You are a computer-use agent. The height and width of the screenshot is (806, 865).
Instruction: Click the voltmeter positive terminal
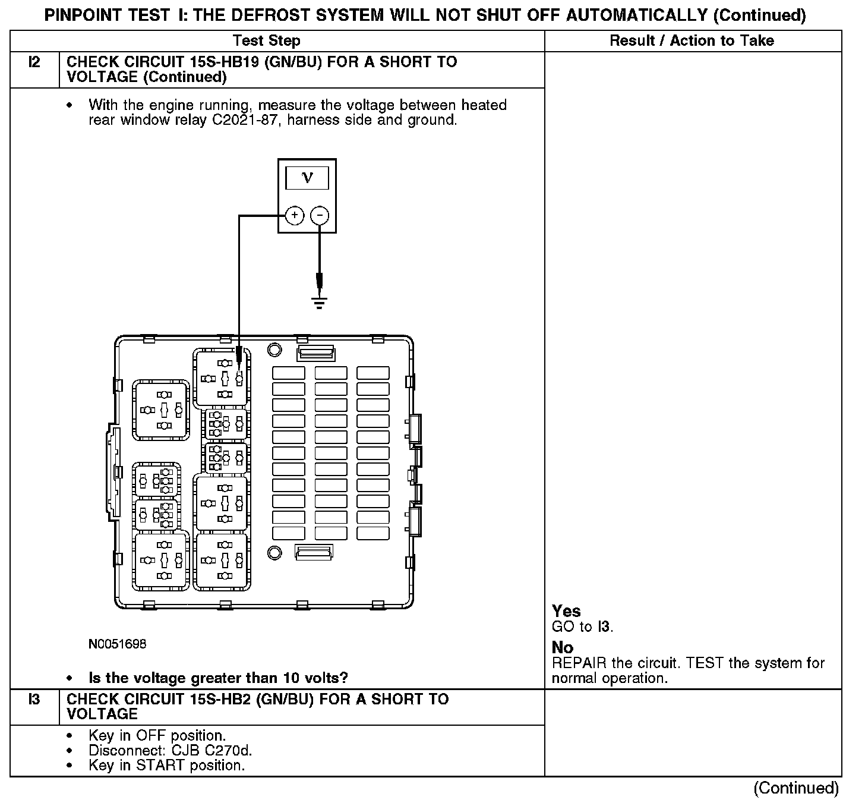pos(295,215)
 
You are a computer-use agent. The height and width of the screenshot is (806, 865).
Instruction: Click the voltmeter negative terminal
pos(320,215)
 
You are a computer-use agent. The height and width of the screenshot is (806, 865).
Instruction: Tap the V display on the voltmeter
pos(307,178)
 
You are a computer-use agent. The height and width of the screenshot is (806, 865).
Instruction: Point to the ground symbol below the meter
pos(320,304)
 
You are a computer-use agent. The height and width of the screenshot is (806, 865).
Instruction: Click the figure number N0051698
pos(117,644)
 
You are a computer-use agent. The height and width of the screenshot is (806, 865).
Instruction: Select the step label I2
pos(34,62)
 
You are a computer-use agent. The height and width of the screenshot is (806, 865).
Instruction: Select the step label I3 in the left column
pos(34,700)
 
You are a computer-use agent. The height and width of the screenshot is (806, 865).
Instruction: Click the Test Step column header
pos(266,41)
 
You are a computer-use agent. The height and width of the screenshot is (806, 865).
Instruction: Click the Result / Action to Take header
pos(692,41)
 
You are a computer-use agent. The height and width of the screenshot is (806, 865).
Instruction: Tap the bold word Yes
pos(566,611)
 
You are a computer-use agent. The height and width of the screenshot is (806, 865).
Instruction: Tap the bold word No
pos(563,647)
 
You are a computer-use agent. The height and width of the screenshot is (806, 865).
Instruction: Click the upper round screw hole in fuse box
pos(274,350)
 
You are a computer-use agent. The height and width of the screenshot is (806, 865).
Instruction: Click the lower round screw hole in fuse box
pos(274,553)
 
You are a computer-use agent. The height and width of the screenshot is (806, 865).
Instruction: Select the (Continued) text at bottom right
pos(796,789)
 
